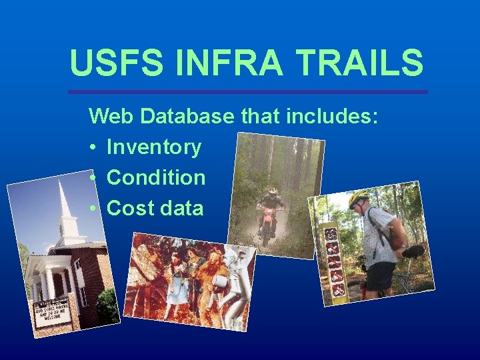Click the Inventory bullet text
(x=154, y=147)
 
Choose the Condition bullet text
(x=156, y=177)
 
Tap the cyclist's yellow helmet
(x=359, y=198)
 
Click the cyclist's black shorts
(x=380, y=275)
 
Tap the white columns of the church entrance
(x=45, y=283)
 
